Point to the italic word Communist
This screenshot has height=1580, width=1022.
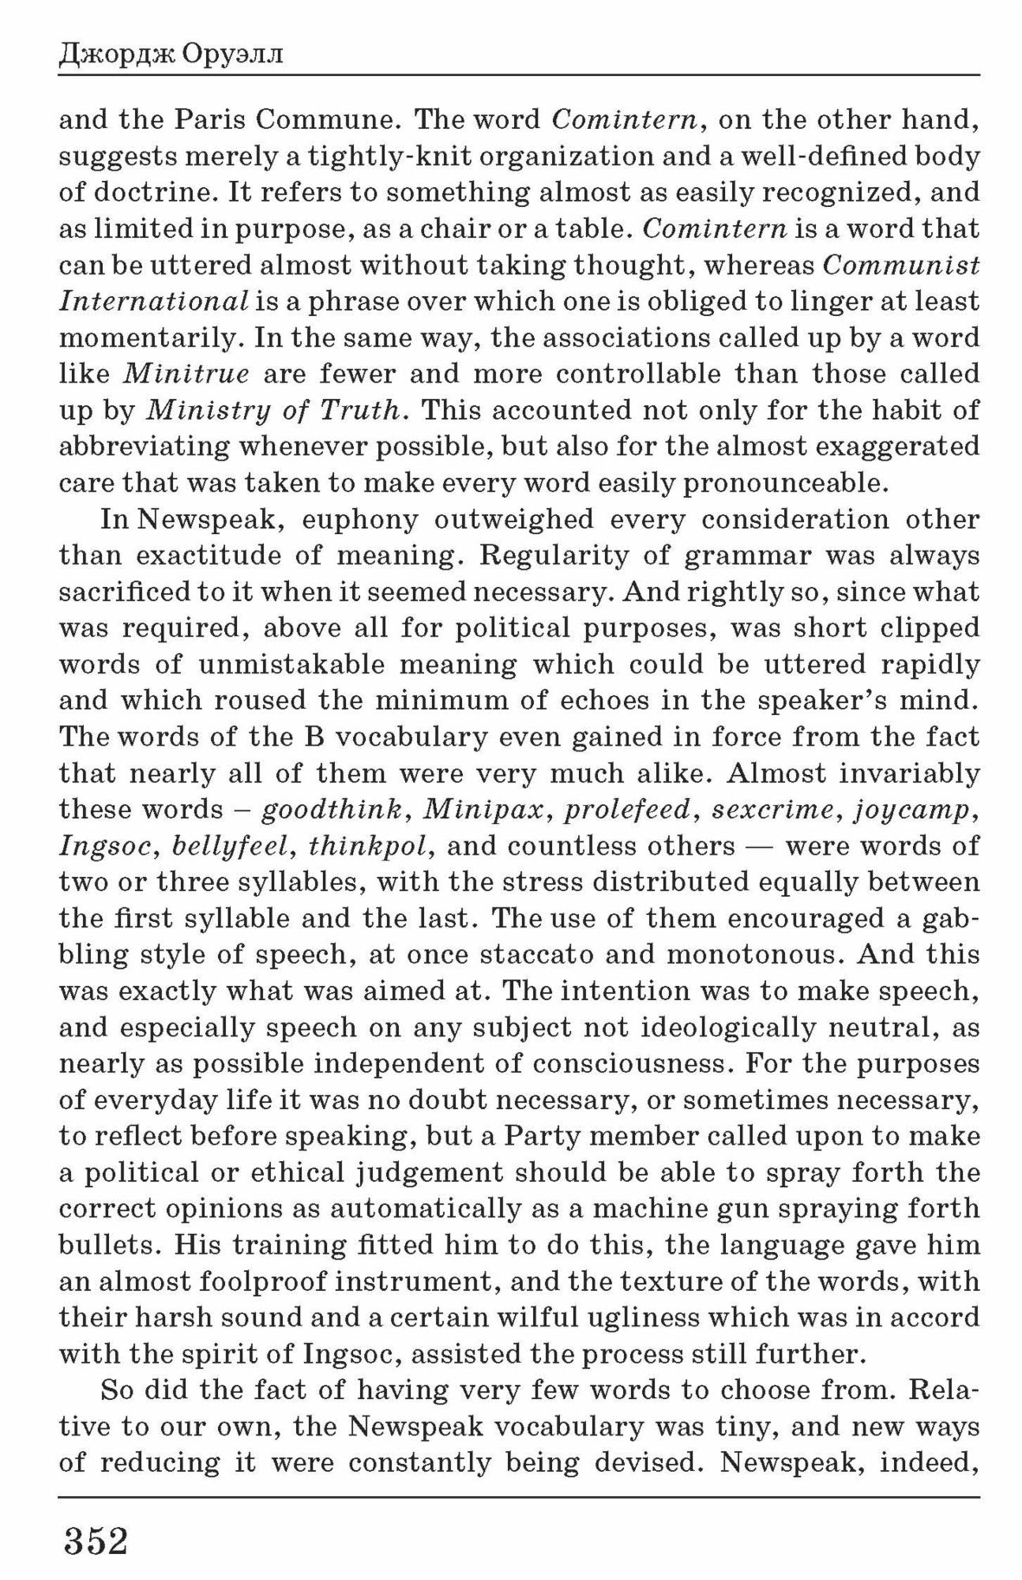pos(901,265)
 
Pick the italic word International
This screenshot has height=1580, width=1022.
pos(154,302)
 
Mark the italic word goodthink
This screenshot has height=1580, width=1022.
pos(333,810)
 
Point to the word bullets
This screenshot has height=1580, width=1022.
pos(107,1245)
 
